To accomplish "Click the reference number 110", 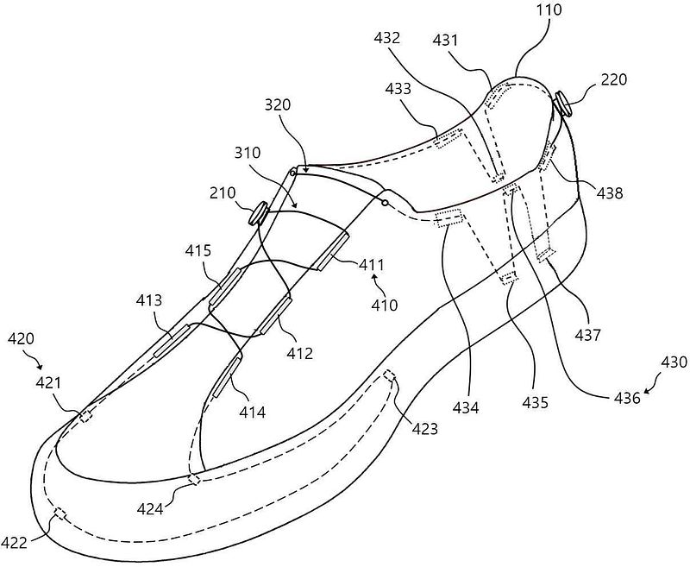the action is click(x=549, y=9).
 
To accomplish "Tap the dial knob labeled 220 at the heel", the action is click(x=563, y=104).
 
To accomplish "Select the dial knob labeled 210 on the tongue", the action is click(x=259, y=213).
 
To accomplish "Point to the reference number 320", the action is click(x=278, y=104).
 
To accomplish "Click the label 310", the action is click(x=248, y=153).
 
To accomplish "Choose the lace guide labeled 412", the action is click(x=274, y=316).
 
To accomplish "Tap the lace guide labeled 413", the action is click(x=172, y=341).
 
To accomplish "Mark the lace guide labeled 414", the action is click(x=227, y=377).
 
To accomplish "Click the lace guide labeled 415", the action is click(x=224, y=287).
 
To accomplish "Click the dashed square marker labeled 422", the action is click(x=60, y=513).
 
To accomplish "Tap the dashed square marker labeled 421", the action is click(x=86, y=416).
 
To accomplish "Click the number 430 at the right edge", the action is click(x=674, y=362).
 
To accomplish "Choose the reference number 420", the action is click(x=22, y=338).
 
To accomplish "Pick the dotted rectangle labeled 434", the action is click(x=449, y=218).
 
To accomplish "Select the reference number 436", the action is click(x=627, y=398).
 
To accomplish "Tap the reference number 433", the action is click(x=398, y=89).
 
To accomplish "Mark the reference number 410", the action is click(x=384, y=305).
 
